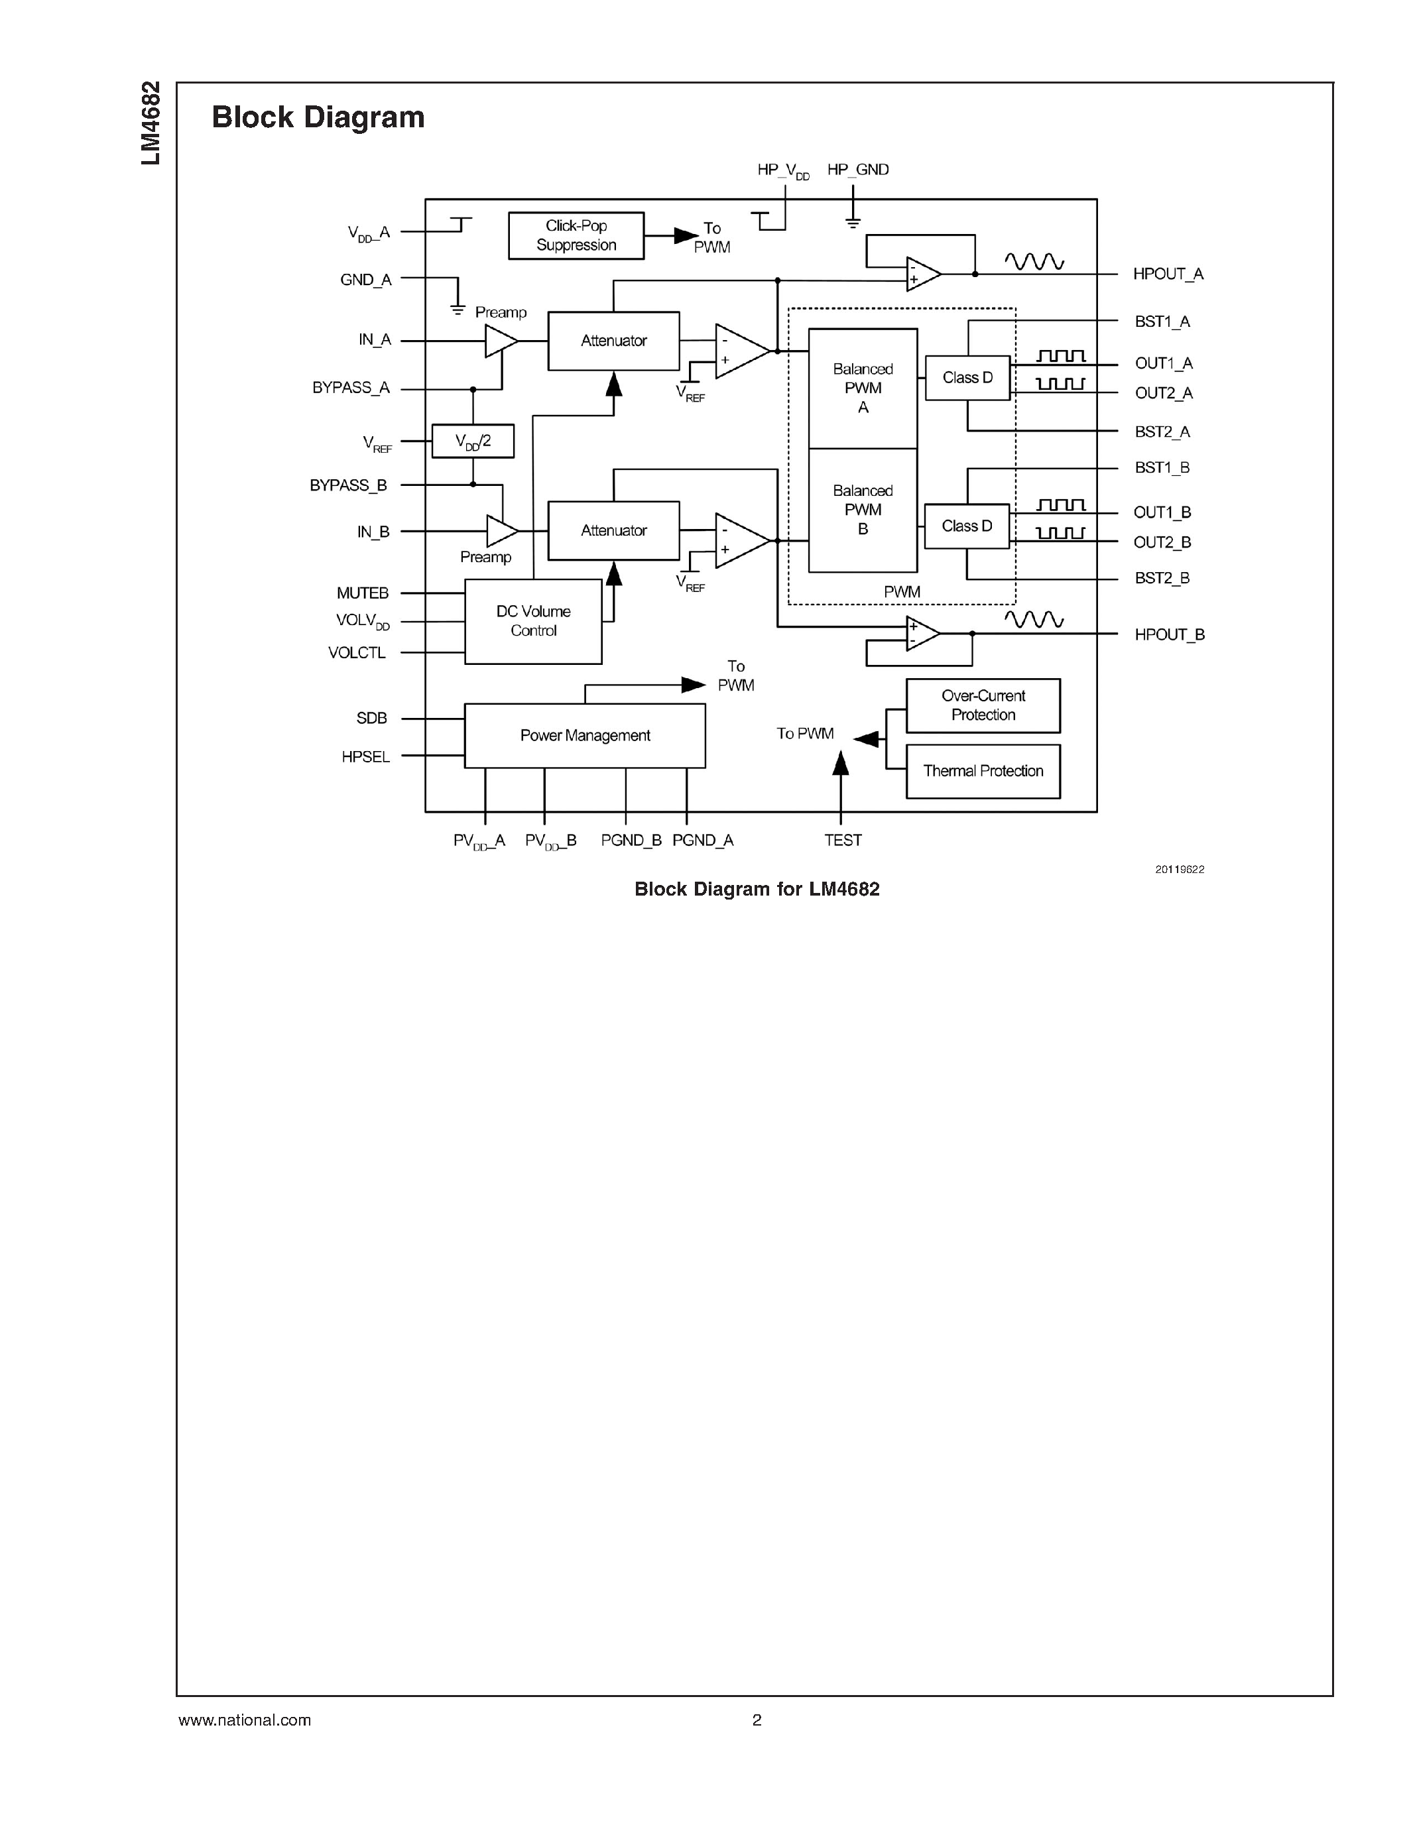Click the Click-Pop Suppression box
pos(576,235)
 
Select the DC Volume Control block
pos(532,621)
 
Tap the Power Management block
pos(584,735)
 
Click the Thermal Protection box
pos(983,771)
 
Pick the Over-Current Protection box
pos(983,705)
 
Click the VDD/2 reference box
pos(473,441)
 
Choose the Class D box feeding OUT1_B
pos(967,526)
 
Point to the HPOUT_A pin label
pos(1167,274)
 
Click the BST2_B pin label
pos(1161,577)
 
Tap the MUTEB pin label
pos(362,593)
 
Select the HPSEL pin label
pos(365,756)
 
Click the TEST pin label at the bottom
pos(842,840)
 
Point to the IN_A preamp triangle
pos(500,341)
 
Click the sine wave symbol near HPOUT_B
pos(1034,618)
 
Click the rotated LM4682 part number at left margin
pos(151,123)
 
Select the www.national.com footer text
pos(245,1720)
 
